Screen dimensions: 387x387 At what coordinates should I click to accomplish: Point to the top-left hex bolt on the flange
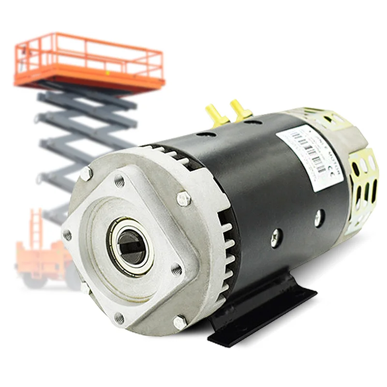point(86,174)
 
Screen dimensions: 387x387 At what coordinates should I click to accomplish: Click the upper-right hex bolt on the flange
point(183,198)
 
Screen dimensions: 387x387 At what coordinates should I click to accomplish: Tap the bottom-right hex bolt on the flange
point(180,322)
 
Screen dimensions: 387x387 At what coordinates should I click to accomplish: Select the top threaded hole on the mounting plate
point(119,181)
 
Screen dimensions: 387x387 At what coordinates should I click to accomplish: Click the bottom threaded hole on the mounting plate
point(119,317)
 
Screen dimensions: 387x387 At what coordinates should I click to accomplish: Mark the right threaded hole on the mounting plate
point(177,269)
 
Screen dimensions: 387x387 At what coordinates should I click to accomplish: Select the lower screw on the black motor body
point(276,237)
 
